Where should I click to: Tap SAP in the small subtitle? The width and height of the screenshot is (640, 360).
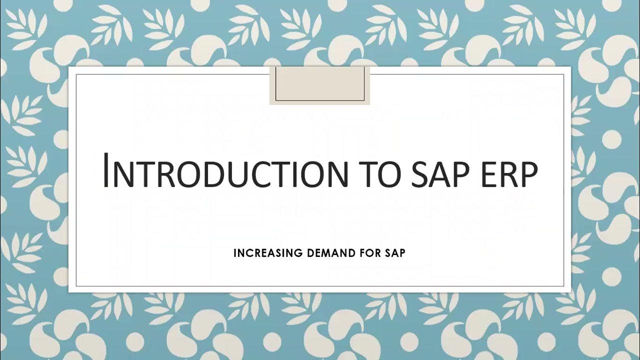[x=395, y=253]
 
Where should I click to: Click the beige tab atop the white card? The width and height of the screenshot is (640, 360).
[x=319, y=84]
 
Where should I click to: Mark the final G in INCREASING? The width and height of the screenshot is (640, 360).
[x=298, y=253]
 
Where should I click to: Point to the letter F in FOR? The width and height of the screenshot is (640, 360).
[x=362, y=253]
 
